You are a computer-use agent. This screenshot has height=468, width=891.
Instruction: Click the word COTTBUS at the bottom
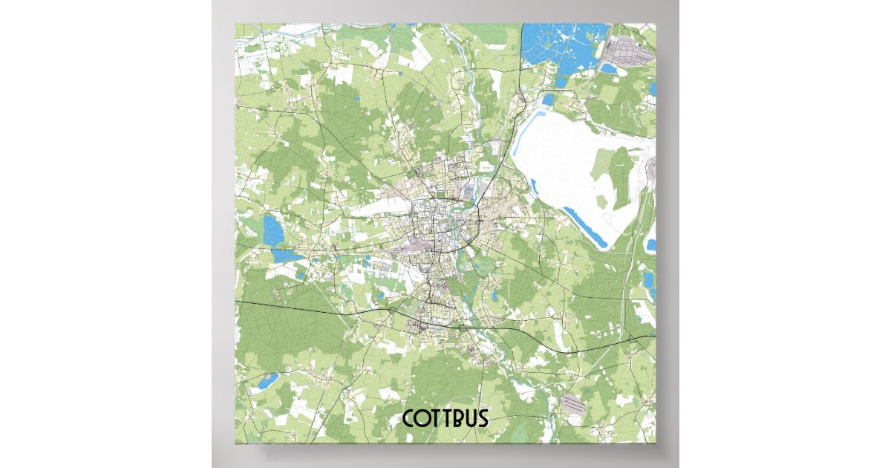pos(446,418)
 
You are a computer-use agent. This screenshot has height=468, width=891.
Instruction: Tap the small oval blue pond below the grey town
pos(610,68)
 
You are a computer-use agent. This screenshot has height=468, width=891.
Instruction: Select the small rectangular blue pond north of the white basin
pos(549,100)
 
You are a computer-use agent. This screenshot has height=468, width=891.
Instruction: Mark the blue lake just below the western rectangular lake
pos(282,255)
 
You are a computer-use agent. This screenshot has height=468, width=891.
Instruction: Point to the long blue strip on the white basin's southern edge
pos(587,227)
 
